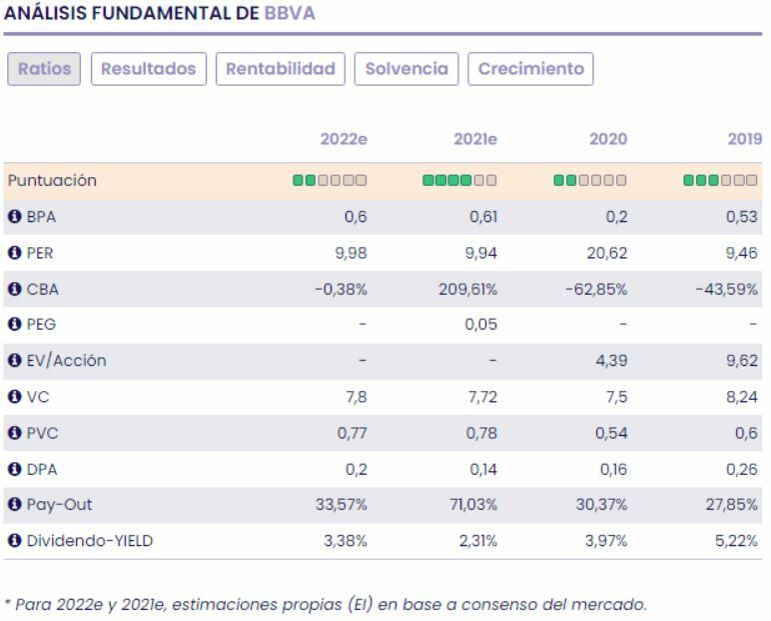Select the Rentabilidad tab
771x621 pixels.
click(280, 69)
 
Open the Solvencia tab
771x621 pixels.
click(406, 69)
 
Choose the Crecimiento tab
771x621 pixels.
click(530, 69)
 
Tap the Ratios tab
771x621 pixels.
click(43, 69)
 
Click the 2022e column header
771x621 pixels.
click(344, 139)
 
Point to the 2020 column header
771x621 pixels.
click(608, 139)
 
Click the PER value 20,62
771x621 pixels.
click(608, 253)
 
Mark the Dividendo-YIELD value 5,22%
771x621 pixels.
click(740, 541)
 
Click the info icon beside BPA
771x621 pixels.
click(14, 217)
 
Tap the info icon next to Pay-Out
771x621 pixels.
click(14, 505)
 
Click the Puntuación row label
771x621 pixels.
click(52, 181)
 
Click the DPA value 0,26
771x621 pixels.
click(745, 469)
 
